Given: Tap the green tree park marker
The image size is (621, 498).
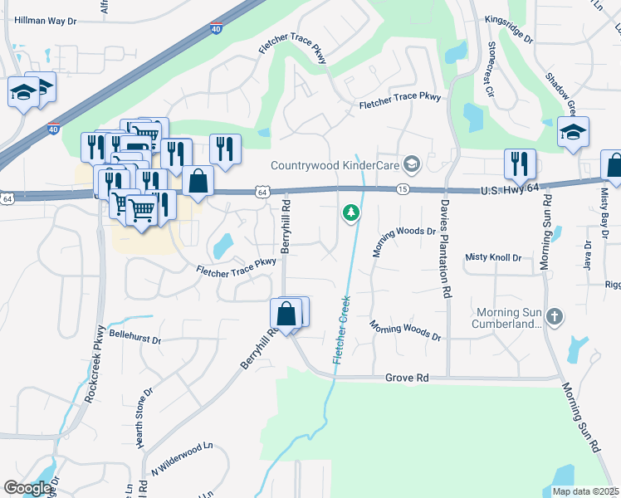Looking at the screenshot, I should (x=351, y=214).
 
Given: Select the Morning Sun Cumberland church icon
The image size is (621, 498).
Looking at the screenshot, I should (x=555, y=317).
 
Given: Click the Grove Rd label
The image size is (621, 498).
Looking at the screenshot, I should (x=407, y=378).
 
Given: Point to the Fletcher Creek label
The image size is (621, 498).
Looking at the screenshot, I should (x=340, y=329).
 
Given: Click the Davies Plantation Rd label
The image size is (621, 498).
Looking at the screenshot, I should (x=446, y=249).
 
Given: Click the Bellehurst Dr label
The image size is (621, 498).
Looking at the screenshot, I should (x=134, y=340).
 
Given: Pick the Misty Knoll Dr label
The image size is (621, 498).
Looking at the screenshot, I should (x=493, y=258).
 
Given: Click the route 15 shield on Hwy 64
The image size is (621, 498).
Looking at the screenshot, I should (x=403, y=190).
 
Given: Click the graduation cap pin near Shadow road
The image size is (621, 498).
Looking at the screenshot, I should (x=573, y=131).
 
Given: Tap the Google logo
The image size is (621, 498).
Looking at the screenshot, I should (x=27, y=488).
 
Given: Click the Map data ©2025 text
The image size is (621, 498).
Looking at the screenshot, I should (x=585, y=491).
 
